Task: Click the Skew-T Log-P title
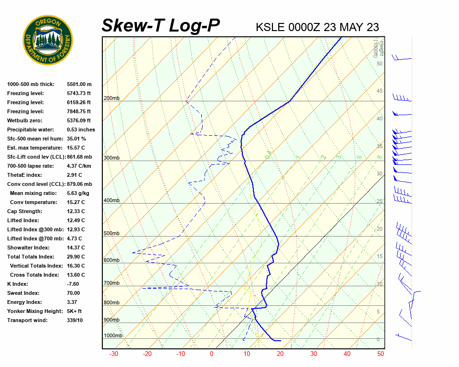click(x=161, y=26)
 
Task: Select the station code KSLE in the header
click(x=271, y=27)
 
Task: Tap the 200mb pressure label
click(x=111, y=98)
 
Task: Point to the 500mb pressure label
click(x=111, y=234)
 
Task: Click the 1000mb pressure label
click(x=113, y=336)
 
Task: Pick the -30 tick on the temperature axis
click(x=114, y=354)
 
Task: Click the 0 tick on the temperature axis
click(x=211, y=354)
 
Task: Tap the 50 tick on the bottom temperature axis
click(x=381, y=354)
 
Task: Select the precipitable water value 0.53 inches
click(x=81, y=130)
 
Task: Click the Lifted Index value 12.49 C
click(x=76, y=220)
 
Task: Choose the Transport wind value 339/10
click(x=75, y=320)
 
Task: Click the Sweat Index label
click(x=24, y=293)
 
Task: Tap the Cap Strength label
click(x=25, y=211)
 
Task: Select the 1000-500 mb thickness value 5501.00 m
click(x=79, y=84)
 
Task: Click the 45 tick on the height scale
click(x=380, y=91)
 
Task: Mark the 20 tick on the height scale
click(x=380, y=229)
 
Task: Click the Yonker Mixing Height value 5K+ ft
click(x=74, y=311)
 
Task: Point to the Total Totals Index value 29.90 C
click(x=76, y=257)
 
